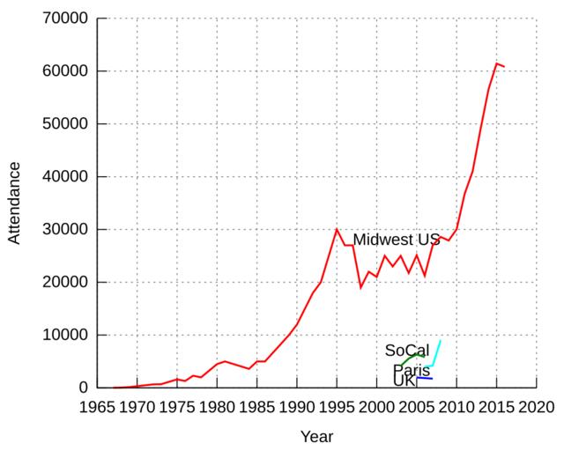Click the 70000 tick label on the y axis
[x=65, y=18]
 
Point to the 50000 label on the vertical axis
[x=65, y=124]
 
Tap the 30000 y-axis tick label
[x=65, y=230]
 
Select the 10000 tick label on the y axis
[x=65, y=336]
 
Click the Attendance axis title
[x=14, y=203]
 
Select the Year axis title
[x=316, y=436]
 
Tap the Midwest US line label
[x=396, y=240]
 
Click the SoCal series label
[x=406, y=351]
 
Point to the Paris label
[x=411, y=370]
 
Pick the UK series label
[x=404, y=381]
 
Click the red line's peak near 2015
[x=497, y=63]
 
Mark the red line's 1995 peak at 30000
[x=337, y=229]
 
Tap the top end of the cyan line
[x=441, y=340]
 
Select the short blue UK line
[x=424, y=378]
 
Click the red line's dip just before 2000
[x=360, y=287]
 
